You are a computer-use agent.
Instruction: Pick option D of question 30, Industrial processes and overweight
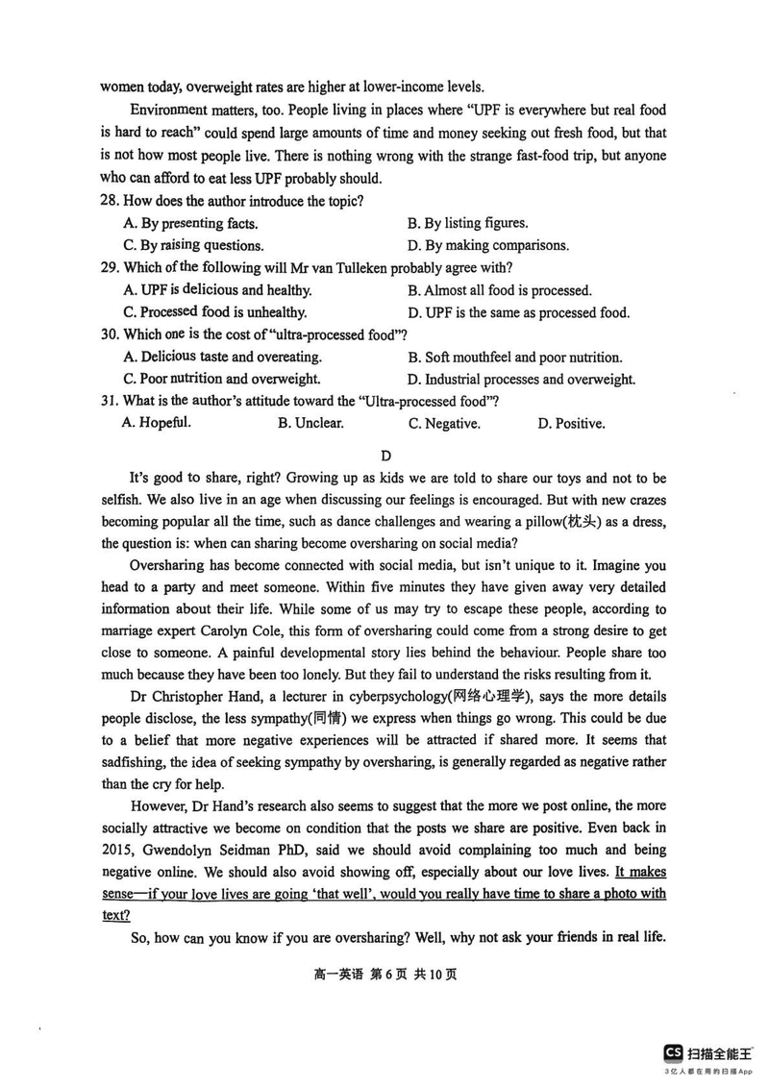click(521, 380)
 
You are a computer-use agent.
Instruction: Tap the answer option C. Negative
click(444, 423)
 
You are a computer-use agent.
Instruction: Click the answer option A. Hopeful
click(157, 423)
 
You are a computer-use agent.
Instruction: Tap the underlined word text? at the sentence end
click(115, 916)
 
